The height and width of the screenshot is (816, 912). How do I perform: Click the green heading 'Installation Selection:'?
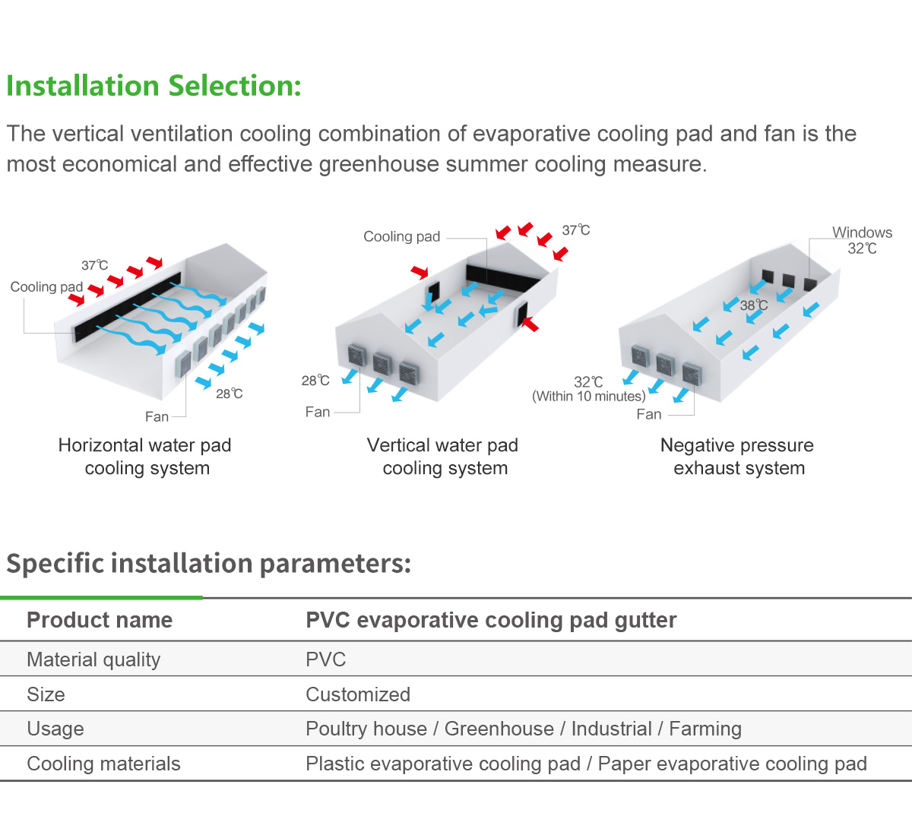pyautogui.click(x=154, y=86)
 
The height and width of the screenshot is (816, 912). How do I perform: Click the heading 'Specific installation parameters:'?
pyautogui.click(x=208, y=563)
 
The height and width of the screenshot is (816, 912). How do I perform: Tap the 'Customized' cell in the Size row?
pyautogui.click(x=358, y=694)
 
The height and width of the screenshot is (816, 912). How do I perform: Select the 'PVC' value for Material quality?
pyautogui.click(x=325, y=659)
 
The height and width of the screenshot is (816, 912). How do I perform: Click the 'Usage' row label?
pyautogui.click(x=55, y=729)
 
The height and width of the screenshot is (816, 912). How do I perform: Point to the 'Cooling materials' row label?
pyautogui.click(x=103, y=764)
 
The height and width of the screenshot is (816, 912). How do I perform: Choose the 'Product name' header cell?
pyautogui.click(x=100, y=620)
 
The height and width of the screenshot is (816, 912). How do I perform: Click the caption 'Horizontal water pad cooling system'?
pyautogui.click(x=145, y=457)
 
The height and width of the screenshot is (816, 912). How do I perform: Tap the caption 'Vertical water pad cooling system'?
pyautogui.click(x=443, y=457)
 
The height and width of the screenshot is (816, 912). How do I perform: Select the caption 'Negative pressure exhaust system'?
pyautogui.click(x=737, y=457)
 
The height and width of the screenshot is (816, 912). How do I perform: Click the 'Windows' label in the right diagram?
pyautogui.click(x=862, y=232)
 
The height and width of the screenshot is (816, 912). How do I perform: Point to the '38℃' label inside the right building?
pyautogui.click(x=754, y=305)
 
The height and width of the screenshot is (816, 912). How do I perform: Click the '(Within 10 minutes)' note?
pyautogui.click(x=589, y=396)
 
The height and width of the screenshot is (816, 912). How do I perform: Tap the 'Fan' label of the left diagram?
pyautogui.click(x=157, y=417)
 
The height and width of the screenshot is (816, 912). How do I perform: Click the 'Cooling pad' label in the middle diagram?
pyautogui.click(x=401, y=236)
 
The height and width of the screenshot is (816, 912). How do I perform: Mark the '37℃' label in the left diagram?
pyautogui.click(x=94, y=265)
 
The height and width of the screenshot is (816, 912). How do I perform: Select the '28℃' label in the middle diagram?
pyautogui.click(x=315, y=381)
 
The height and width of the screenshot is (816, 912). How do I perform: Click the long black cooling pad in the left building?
pyautogui.click(x=128, y=307)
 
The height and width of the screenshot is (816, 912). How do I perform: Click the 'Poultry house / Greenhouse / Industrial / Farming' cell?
pyautogui.click(x=524, y=729)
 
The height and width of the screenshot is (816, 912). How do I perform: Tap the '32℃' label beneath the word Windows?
pyautogui.click(x=862, y=248)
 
